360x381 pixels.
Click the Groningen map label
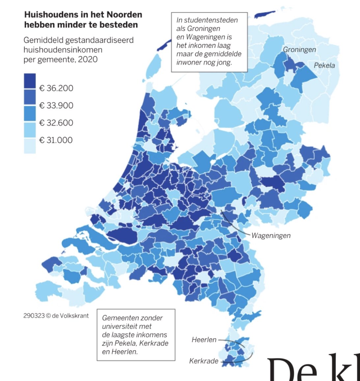[299, 50]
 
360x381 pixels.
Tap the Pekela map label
[324, 65]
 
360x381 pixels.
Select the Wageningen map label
[271, 235]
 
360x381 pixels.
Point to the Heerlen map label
[204, 339]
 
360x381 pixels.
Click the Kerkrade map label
[204, 361]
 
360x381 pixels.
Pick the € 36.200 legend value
[56, 88]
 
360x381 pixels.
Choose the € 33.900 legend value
[56, 105]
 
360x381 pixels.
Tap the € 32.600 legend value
[56, 123]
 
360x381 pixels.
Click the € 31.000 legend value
[56, 140]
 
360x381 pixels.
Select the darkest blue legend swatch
[30, 81]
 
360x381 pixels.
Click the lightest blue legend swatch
[30, 146]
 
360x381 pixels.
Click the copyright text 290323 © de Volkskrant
[56, 315]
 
